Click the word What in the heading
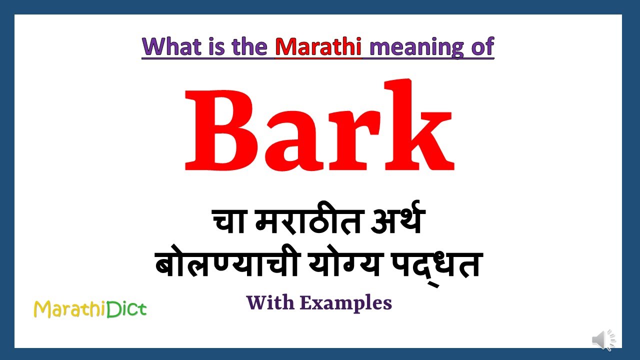point(167,46)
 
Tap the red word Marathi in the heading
point(318,46)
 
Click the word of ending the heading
point(480,46)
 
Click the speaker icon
point(604,340)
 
